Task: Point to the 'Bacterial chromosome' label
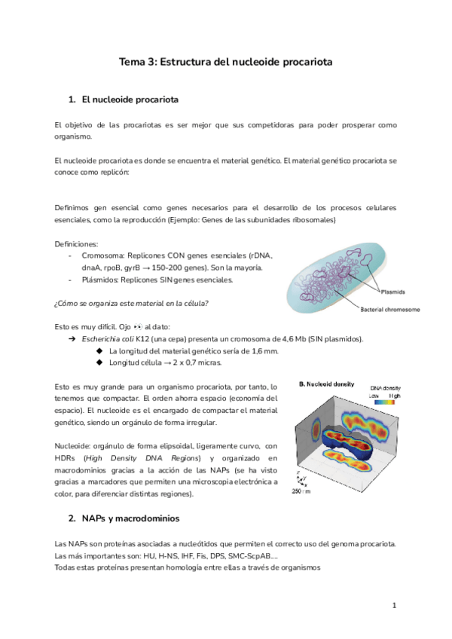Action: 389,309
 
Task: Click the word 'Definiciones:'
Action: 77,244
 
